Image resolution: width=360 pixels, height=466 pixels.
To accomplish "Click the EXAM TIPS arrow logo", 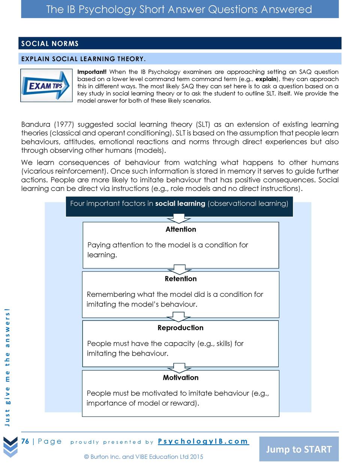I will (x=46, y=86).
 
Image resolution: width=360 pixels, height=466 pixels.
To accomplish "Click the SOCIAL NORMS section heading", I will (x=50, y=44).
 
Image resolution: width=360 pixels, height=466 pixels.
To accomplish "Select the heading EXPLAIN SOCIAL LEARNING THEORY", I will (x=83, y=59).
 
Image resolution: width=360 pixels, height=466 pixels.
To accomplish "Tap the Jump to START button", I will (x=298, y=449).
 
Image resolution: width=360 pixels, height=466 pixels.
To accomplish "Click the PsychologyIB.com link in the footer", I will (x=203, y=441).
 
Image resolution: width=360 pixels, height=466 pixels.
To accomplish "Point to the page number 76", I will (x=25, y=441).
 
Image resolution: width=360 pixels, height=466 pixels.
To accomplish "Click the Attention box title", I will (x=181, y=229).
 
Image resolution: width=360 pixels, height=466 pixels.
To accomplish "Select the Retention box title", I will (x=181, y=279).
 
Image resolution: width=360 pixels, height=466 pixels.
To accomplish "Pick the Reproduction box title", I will (x=180, y=328).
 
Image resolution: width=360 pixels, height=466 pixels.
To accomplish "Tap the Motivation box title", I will (x=181, y=377).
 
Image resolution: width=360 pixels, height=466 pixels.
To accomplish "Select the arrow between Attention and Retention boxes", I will (x=180, y=269).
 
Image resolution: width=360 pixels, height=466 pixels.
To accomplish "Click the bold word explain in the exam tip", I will (x=266, y=79).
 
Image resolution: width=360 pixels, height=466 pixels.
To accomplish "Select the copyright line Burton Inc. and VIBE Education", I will (x=144, y=457).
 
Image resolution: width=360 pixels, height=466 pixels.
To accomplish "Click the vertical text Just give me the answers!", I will (x=7, y=367).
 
